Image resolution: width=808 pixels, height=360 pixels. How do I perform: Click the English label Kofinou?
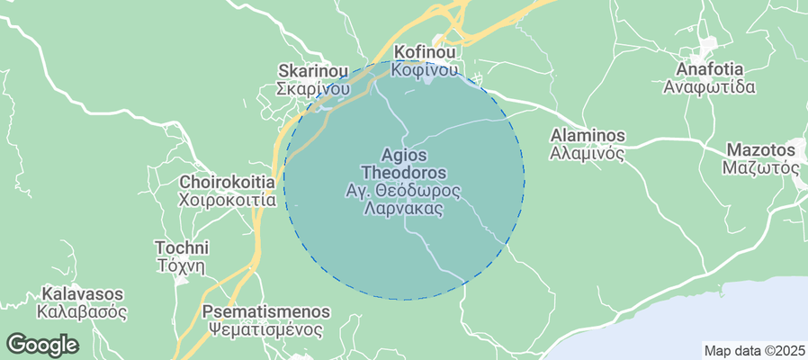(x=426, y=51)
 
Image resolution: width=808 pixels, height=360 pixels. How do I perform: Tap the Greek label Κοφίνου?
(x=426, y=69)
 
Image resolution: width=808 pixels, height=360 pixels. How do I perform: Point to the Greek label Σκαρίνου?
(x=312, y=89)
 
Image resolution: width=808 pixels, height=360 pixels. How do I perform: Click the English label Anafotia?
(x=709, y=69)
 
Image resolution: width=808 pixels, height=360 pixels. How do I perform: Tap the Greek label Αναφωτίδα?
(x=709, y=87)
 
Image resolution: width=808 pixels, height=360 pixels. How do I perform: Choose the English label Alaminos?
(x=587, y=135)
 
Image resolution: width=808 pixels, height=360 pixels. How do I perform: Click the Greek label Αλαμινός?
(x=587, y=153)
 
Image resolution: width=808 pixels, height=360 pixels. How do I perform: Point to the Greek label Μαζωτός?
(x=761, y=167)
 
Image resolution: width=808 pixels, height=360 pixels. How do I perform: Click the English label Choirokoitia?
(x=227, y=182)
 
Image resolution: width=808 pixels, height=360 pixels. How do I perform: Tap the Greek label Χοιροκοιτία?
(x=227, y=200)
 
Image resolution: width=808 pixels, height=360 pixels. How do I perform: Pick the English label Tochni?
(x=182, y=247)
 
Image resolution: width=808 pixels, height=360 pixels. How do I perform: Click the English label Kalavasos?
(x=82, y=294)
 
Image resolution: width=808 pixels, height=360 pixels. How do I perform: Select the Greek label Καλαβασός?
(x=82, y=312)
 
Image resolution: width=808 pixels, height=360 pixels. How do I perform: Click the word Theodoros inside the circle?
(x=403, y=172)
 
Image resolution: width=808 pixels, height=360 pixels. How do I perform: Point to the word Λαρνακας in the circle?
(x=403, y=208)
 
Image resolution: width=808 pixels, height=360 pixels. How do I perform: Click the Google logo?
(x=42, y=344)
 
